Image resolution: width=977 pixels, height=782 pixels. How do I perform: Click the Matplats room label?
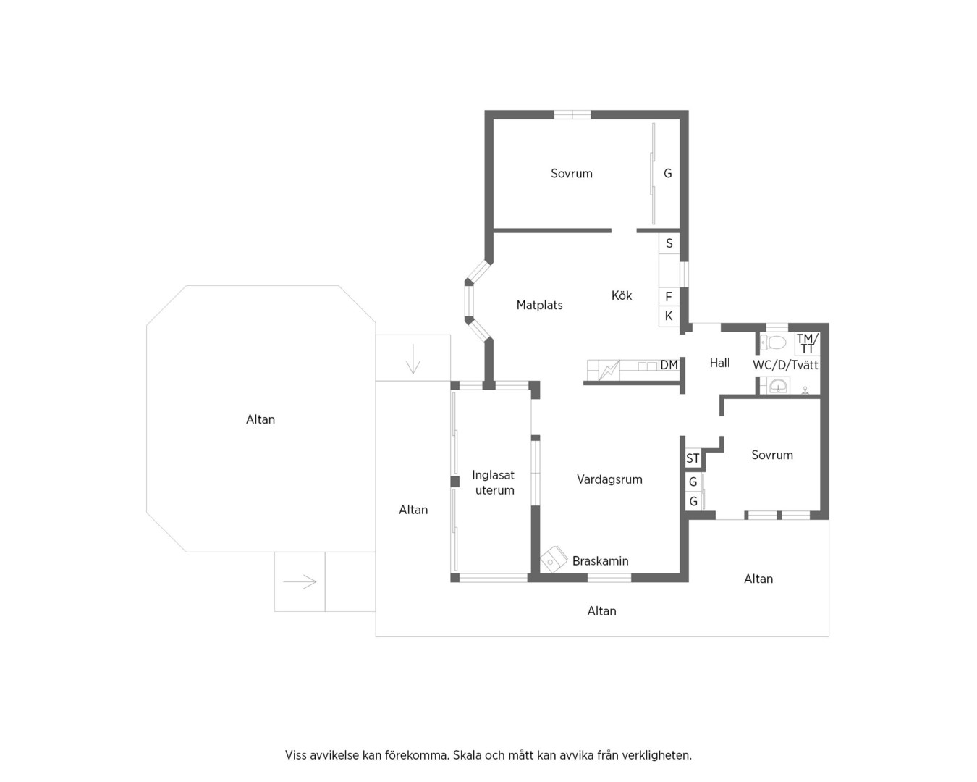(539, 305)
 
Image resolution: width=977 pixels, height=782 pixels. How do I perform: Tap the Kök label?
(622, 295)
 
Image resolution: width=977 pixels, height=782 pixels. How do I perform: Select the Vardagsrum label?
(609, 479)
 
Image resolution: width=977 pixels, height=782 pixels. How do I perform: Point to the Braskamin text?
(600, 560)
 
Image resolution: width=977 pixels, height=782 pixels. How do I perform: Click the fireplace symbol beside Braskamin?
(554, 560)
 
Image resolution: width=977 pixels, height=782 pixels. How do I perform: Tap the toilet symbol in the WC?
(773, 342)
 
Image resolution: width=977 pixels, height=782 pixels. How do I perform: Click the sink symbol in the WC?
(778, 386)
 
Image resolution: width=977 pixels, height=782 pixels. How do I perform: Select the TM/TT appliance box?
(807, 343)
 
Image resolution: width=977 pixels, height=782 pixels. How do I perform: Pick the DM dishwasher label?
(669, 365)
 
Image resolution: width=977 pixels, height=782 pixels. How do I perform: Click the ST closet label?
(693, 458)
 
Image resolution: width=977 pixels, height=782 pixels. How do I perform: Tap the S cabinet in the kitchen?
(669, 243)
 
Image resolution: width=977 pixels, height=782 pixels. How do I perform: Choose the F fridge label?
(668, 297)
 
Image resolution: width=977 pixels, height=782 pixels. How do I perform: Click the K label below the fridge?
(669, 316)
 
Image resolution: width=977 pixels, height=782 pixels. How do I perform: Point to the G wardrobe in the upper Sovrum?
(667, 173)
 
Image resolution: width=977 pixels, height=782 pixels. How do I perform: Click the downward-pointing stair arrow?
(413, 359)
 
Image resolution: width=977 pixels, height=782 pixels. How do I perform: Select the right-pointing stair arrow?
(300, 581)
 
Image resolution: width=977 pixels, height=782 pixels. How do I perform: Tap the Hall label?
(719, 363)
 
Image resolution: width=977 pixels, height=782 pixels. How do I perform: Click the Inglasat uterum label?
(494, 482)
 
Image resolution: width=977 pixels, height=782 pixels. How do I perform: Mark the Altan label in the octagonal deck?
(261, 419)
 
